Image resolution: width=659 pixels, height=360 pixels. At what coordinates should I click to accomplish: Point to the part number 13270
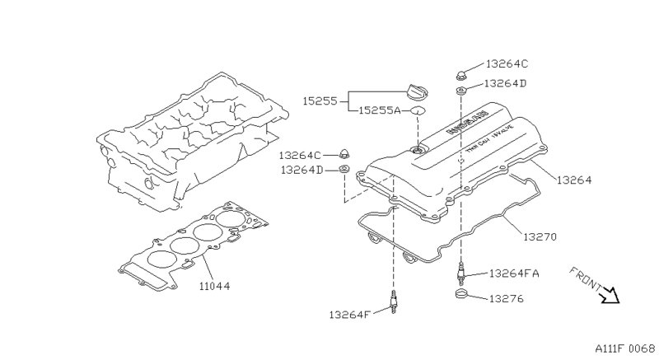(540, 236)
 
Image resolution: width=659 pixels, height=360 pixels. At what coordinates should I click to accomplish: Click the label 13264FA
(513, 273)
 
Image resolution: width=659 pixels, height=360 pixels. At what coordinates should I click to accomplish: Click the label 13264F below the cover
(352, 314)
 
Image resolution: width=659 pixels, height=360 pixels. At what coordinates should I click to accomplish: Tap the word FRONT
(586, 280)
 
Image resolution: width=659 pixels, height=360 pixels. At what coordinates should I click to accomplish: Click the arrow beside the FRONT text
(610, 294)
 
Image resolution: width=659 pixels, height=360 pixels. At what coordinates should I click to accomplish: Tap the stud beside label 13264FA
(461, 269)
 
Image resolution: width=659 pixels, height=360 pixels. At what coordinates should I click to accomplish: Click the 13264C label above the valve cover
(507, 63)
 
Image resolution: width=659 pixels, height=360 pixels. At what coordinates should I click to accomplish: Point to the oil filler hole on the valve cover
(417, 147)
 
